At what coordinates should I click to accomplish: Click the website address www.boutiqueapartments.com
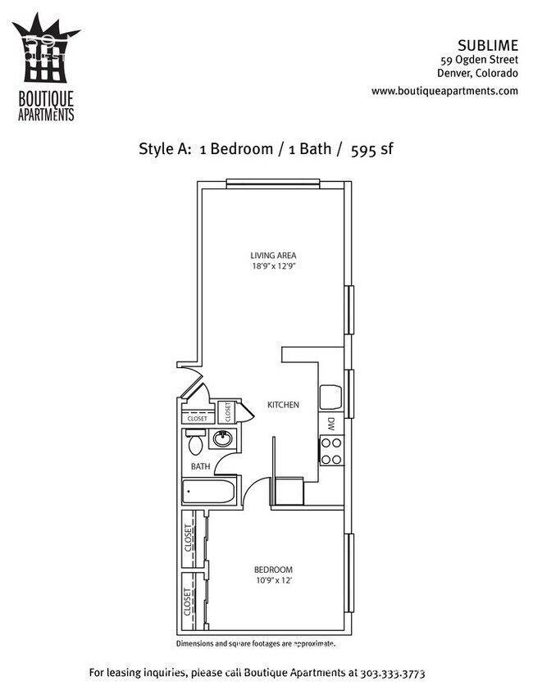(x=444, y=91)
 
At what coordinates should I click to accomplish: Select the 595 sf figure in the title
(x=375, y=149)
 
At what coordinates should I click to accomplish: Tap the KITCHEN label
(x=282, y=405)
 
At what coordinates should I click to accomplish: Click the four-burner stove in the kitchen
(x=331, y=450)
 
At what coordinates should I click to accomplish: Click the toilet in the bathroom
(x=196, y=444)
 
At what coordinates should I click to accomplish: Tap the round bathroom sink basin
(x=222, y=439)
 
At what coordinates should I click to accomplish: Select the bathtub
(x=209, y=493)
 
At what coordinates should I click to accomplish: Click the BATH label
(x=201, y=466)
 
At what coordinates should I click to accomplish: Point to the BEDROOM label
(x=272, y=570)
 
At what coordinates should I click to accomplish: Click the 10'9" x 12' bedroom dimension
(x=272, y=581)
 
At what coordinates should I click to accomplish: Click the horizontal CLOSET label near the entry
(x=197, y=419)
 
